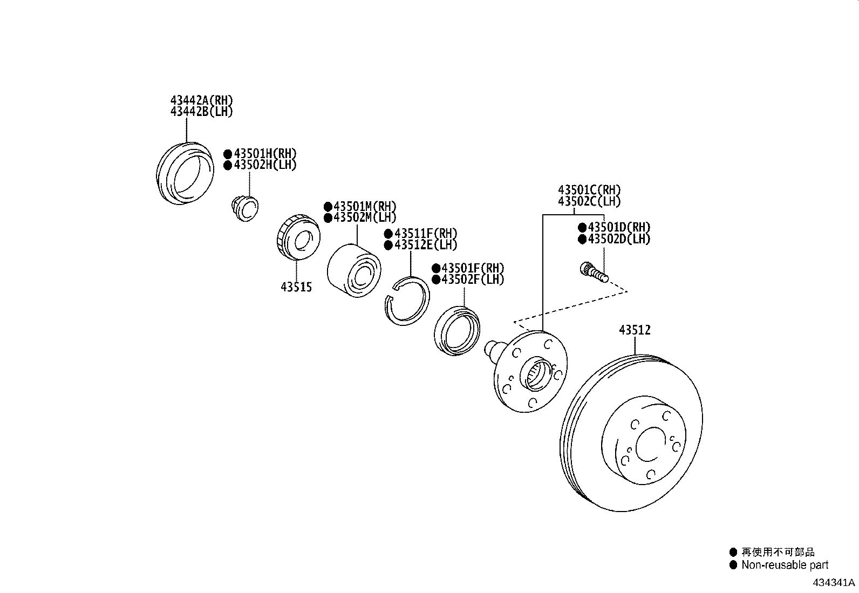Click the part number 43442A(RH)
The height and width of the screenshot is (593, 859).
pos(202,100)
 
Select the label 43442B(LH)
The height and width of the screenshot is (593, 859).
pos(202,112)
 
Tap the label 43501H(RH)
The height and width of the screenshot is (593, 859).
pos(265,154)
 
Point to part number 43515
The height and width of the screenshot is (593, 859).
pos(296,287)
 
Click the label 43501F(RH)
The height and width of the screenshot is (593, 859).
pos(473,268)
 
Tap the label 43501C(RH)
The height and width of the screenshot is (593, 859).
pos(589,190)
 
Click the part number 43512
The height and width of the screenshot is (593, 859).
pos(635,330)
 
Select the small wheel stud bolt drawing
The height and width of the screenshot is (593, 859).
pos(594,271)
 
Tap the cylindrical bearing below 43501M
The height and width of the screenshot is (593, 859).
pos(354,271)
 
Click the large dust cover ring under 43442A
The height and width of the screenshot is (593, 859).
pos(184,174)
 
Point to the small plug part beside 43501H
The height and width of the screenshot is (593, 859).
pos(244,209)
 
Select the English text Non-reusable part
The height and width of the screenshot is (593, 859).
pos(785,565)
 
